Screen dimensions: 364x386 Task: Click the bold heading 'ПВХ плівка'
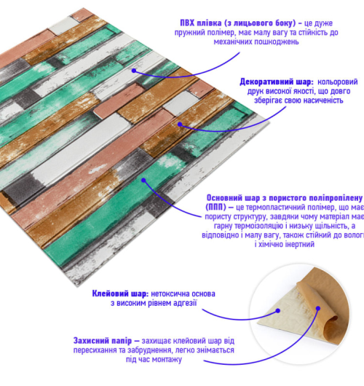coord(201,23)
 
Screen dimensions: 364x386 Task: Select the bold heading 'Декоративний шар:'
coord(277,82)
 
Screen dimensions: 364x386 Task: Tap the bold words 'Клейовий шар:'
coord(120,294)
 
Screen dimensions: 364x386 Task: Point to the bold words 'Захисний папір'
coord(103,341)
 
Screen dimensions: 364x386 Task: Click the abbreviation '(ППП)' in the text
coord(215,208)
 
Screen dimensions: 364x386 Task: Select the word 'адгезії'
coord(185,303)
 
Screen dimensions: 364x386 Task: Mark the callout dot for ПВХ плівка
coord(134,71)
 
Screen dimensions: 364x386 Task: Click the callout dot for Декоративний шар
coord(180,125)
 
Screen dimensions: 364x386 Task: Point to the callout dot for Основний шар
coord(143,181)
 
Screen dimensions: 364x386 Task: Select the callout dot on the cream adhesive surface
coord(278,311)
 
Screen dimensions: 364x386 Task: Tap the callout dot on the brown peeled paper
coord(318,308)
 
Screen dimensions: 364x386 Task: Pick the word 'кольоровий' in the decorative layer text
coord(337,82)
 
